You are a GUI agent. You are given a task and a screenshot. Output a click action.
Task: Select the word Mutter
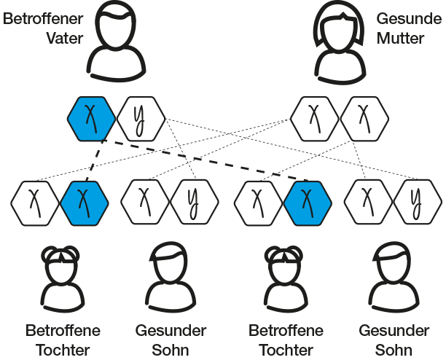point(399,38)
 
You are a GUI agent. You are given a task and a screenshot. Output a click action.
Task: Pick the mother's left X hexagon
point(314,117)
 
